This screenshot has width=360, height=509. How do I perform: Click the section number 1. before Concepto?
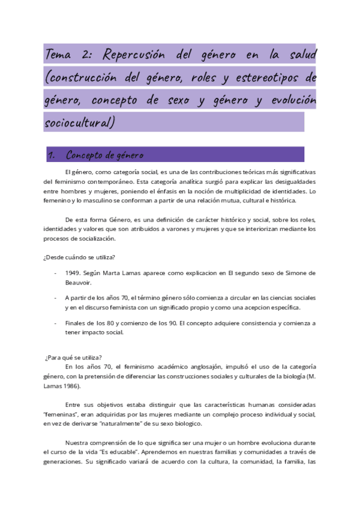(52, 155)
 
